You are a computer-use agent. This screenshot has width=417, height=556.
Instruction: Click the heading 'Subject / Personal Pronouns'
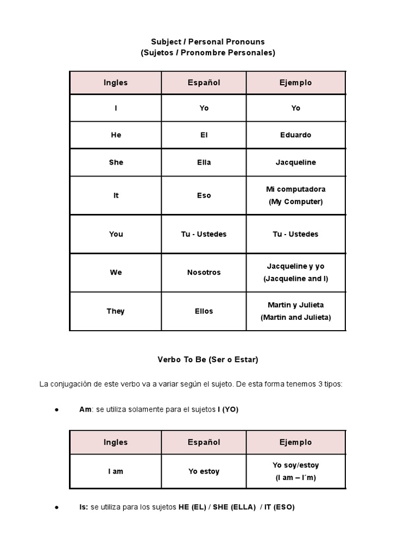pyautogui.click(x=208, y=42)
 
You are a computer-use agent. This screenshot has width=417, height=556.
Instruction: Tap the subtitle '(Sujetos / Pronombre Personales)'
pyautogui.click(x=208, y=53)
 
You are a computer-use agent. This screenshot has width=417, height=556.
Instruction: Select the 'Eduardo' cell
pyautogui.click(x=296, y=135)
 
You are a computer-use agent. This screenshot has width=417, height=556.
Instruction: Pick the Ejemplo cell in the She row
pyautogui.click(x=296, y=162)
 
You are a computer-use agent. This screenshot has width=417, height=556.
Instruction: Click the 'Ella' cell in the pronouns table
pyautogui.click(x=204, y=162)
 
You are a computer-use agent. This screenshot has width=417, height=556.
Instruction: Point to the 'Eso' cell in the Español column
pyautogui.click(x=204, y=195)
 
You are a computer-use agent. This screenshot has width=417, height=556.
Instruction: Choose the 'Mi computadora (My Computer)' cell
pyautogui.click(x=296, y=195)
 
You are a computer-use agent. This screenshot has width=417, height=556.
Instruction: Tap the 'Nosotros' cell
pyautogui.click(x=204, y=273)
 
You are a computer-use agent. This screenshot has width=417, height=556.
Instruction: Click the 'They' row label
pyautogui.click(x=116, y=311)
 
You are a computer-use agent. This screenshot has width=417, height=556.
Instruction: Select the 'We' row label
pyautogui.click(x=116, y=273)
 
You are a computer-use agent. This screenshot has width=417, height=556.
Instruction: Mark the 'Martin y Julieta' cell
pyautogui.click(x=296, y=311)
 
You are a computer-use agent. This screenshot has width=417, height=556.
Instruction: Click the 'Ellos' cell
pyautogui.click(x=204, y=311)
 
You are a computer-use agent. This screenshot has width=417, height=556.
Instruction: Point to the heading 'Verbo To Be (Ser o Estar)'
pyautogui.click(x=208, y=359)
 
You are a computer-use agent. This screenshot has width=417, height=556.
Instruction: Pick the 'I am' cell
pyautogui.click(x=116, y=471)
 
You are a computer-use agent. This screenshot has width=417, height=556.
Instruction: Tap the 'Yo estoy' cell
pyautogui.click(x=204, y=471)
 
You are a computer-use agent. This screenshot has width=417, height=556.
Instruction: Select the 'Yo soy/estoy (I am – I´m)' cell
pyautogui.click(x=296, y=471)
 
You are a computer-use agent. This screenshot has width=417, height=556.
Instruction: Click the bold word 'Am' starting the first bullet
pyautogui.click(x=85, y=409)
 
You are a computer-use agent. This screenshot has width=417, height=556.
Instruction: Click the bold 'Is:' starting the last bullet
pyautogui.click(x=84, y=507)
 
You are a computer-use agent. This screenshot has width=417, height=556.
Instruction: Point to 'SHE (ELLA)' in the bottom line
pyautogui.click(x=234, y=507)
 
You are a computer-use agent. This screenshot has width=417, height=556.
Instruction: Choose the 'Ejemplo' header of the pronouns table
pyautogui.click(x=296, y=83)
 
